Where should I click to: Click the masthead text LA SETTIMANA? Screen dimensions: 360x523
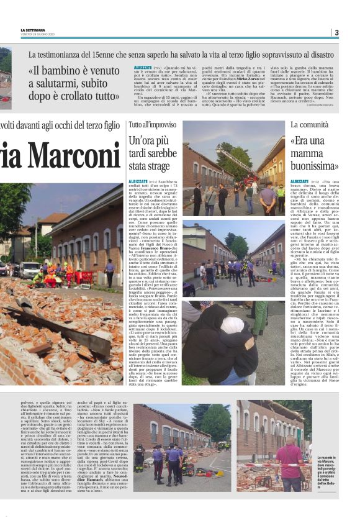(32, 30)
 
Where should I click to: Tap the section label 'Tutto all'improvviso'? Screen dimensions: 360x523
(152, 125)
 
